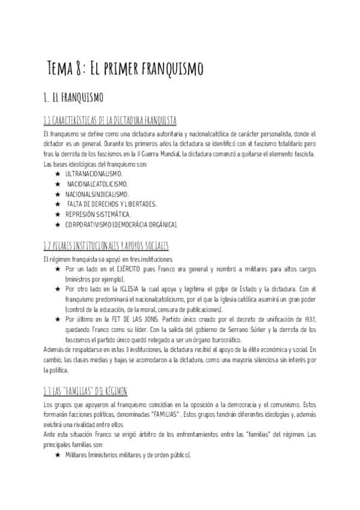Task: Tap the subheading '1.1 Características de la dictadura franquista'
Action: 110,120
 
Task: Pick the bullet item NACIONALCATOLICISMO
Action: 97,183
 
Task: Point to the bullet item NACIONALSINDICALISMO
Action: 97,194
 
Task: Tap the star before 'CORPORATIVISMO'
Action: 58,224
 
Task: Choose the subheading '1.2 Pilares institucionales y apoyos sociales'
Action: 106,247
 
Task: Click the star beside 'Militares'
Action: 58,456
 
